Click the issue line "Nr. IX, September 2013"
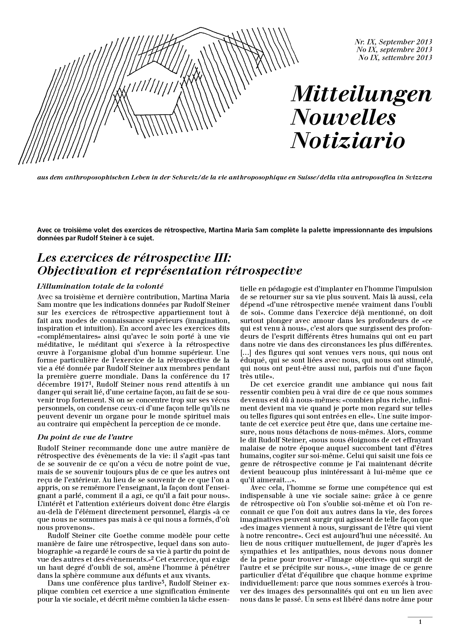(x=393, y=42)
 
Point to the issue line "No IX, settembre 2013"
(x=395, y=57)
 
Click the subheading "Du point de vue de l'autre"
(x=85, y=437)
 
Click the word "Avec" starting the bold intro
(x=44, y=230)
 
